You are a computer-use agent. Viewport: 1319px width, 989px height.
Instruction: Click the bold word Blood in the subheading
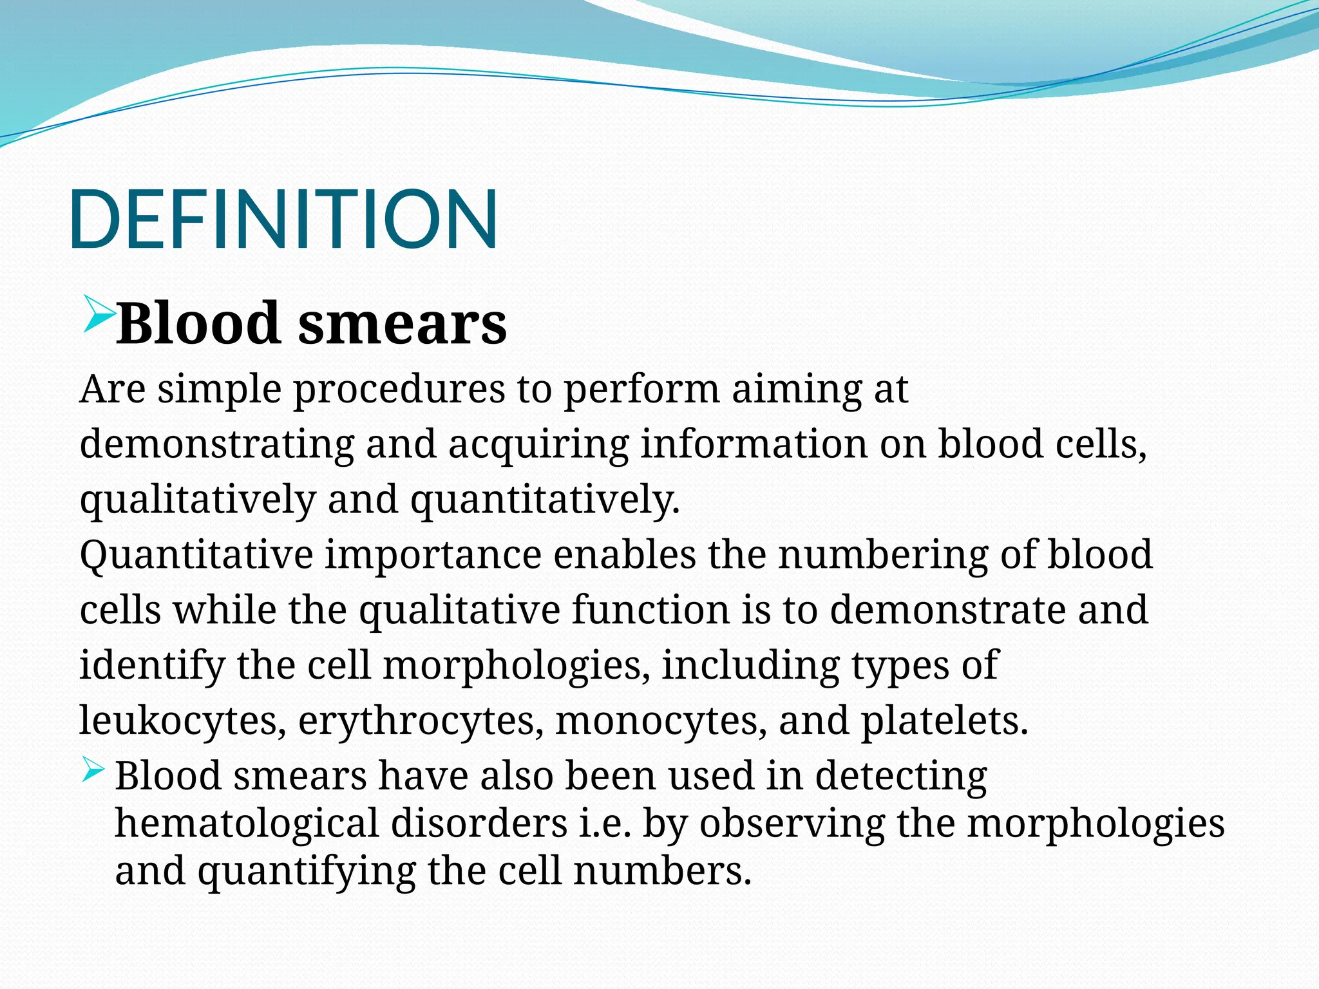point(197,323)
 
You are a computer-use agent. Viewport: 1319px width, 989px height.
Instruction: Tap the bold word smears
point(402,323)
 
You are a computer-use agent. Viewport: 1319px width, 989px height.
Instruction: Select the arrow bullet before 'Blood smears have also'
point(93,770)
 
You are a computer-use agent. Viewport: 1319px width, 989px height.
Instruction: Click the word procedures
point(399,390)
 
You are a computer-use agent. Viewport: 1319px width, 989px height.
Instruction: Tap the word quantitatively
point(545,500)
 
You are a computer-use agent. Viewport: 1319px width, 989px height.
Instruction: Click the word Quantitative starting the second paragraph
point(196,555)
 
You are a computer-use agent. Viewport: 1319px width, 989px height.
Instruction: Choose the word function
point(650,610)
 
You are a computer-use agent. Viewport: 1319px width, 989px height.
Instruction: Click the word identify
point(152,666)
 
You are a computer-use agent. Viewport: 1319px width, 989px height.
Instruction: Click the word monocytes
point(661,721)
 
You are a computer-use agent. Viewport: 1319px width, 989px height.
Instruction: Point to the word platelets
point(944,721)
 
